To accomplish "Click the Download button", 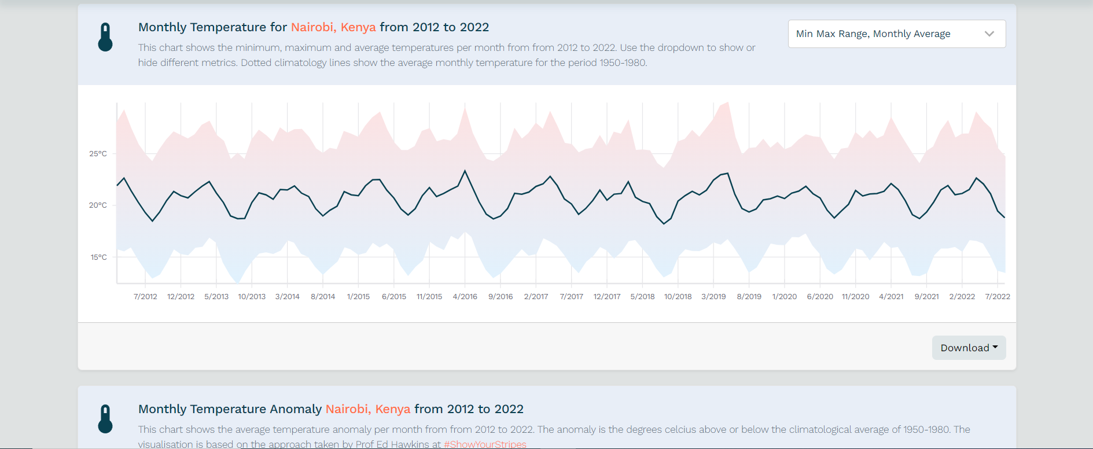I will point(969,348).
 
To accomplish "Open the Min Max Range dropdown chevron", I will point(989,34).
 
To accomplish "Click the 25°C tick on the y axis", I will point(98,154).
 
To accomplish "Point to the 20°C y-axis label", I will point(98,205).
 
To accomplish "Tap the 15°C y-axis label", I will point(98,257).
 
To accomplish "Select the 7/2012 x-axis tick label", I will point(145,297).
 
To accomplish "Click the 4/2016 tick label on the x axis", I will point(465,297).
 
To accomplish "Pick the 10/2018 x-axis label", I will point(678,297).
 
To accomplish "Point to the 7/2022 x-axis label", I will point(997,297).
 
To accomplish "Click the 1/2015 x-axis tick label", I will point(358,297).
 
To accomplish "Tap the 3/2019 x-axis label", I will point(713,297).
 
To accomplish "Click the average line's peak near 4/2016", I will point(465,171).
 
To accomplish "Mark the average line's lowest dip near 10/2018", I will point(664,224).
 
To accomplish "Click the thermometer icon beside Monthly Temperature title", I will point(105,38).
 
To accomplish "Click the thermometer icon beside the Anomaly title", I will point(105,419).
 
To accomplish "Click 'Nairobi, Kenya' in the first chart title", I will point(333,27).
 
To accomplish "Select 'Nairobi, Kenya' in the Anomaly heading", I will point(368,409).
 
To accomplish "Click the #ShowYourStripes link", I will point(485,444).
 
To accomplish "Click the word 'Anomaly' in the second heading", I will point(296,409).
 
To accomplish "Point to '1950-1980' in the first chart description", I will point(622,62).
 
